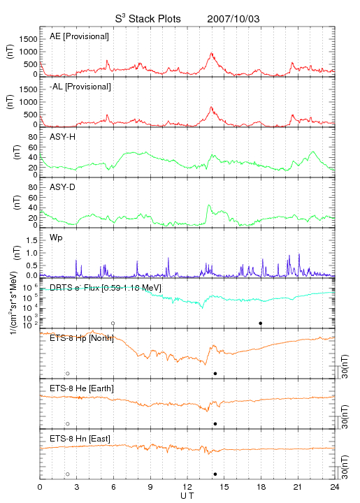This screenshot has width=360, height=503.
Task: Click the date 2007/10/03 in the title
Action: (233, 19)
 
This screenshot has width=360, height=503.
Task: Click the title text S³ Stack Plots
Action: (148, 19)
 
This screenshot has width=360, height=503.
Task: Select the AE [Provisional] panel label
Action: (79, 36)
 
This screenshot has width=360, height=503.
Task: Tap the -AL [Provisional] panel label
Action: (80, 87)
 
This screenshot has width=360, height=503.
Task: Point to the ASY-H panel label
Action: (63, 137)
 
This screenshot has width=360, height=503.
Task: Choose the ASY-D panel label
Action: (63, 187)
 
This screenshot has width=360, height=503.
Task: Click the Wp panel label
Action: (56, 238)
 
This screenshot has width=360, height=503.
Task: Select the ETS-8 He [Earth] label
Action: (82, 388)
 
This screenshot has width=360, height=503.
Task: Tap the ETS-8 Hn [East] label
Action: (80, 439)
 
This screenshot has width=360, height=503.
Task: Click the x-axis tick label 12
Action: (187, 487)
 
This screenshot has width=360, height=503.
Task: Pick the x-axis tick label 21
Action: (298, 487)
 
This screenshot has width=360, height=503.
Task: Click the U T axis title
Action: (187, 496)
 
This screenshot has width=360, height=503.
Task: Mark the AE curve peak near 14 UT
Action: (212, 53)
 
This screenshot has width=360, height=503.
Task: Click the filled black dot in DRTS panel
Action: (261, 323)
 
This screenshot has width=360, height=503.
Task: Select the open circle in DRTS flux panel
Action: (113, 323)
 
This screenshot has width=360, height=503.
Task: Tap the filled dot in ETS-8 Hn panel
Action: (215, 474)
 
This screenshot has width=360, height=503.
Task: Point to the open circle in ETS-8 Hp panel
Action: (68, 374)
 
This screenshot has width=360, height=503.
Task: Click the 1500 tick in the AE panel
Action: (28, 39)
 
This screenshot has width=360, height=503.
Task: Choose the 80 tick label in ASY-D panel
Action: (33, 187)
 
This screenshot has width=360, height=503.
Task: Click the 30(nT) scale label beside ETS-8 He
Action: (345, 416)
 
